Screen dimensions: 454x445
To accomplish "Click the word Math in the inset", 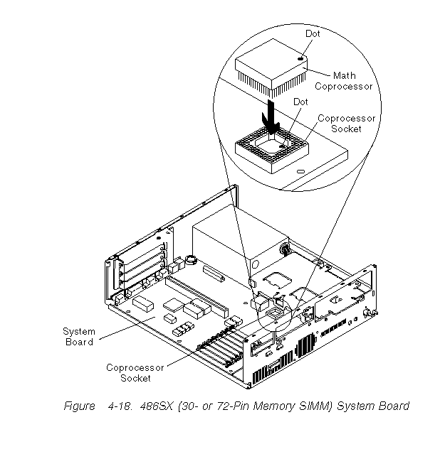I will (x=343, y=75).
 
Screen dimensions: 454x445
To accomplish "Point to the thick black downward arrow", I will (x=273, y=116).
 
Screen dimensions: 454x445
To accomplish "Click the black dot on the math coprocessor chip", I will (x=302, y=58).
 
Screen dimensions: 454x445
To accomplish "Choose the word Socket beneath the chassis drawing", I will (x=135, y=378).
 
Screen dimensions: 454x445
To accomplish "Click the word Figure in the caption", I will (x=79, y=406).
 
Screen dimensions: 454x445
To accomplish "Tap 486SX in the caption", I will (x=158, y=406).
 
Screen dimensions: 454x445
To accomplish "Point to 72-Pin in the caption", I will (x=229, y=406).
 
